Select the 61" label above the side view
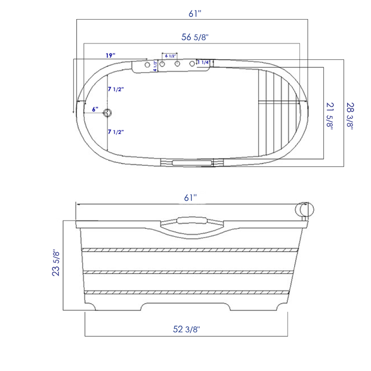point(190,197)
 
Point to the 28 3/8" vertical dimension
point(348,115)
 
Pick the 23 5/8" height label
point(55,263)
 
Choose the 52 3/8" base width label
point(186,329)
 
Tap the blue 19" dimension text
point(110,55)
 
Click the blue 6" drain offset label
point(95,109)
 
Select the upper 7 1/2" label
point(116,89)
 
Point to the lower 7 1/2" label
point(116,131)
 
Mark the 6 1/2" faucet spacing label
point(170,56)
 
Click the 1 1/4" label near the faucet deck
point(204,62)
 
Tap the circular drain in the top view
point(108,112)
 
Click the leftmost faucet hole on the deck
point(147,64)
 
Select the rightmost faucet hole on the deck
point(192,64)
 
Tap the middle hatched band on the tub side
point(188,272)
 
